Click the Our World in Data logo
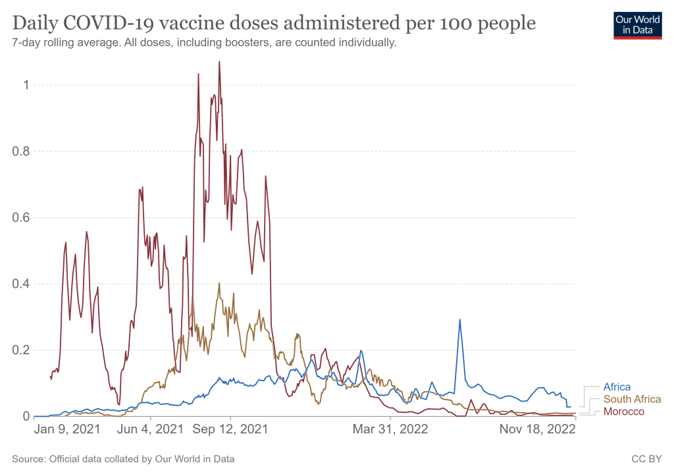pyautogui.click(x=637, y=24)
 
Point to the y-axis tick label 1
pyautogui.click(x=25, y=85)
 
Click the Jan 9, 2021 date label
pyautogui.click(x=67, y=430)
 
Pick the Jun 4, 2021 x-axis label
pyautogui.click(x=151, y=430)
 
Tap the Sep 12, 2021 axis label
pyautogui.click(x=231, y=430)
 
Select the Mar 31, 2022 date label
pyautogui.click(x=390, y=430)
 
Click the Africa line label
pyautogui.click(x=617, y=387)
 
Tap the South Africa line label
pyautogui.click(x=632, y=400)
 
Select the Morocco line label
pyautogui.click(x=624, y=412)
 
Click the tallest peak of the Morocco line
pyautogui.click(x=219, y=62)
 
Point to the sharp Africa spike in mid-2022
pyautogui.click(x=459, y=319)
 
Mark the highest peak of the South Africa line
pyautogui.click(x=219, y=284)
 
